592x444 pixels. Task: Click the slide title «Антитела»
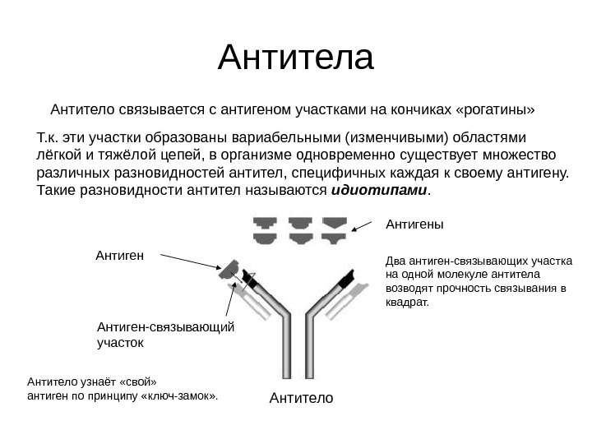coord(296,59)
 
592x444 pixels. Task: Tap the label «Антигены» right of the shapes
coord(414,224)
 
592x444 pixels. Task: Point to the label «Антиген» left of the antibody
coord(120,256)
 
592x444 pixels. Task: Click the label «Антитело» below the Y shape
coord(301,399)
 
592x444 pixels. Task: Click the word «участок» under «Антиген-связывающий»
coord(121,341)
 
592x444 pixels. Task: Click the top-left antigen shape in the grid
coord(265,223)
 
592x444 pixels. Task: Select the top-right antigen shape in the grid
coord(333,223)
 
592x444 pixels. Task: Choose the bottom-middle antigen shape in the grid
coord(298,238)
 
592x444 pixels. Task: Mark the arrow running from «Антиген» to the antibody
coord(189,262)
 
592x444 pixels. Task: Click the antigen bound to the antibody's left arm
coord(229,270)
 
